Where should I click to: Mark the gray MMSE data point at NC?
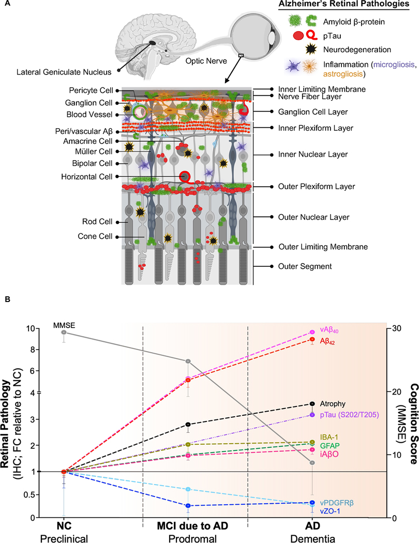pyautogui.click(x=64, y=332)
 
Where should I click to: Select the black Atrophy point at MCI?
pyautogui.click(x=188, y=424)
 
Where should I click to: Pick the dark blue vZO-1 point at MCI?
pyautogui.click(x=188, y=505)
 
